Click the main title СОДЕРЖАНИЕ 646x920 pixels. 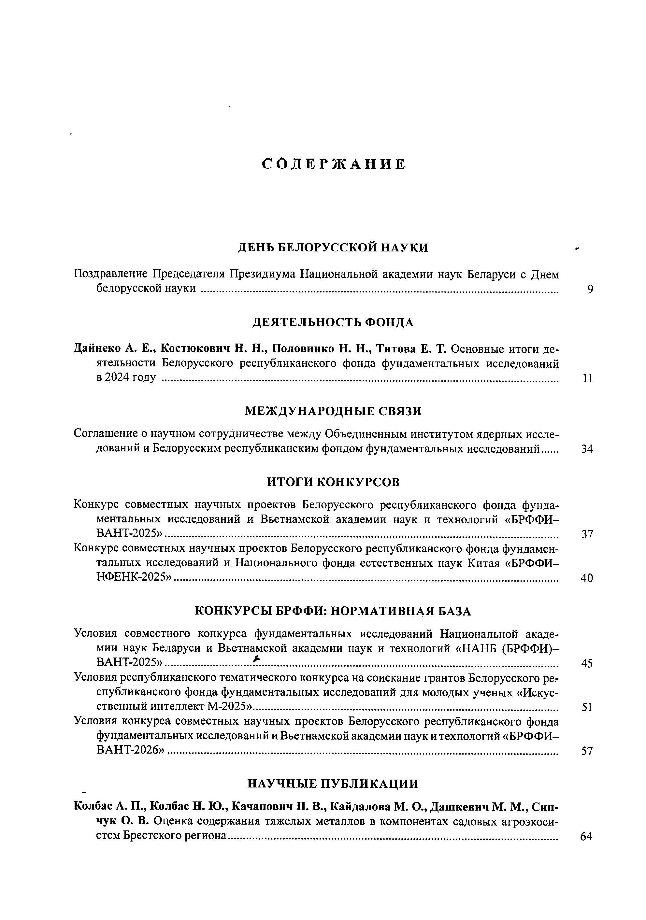click(333, 164)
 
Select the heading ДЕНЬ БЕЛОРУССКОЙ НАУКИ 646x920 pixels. click(333, 248)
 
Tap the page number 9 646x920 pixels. click(590, 289)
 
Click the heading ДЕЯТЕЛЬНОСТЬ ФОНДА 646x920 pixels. click(333, 322)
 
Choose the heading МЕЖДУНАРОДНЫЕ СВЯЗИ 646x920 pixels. click(333, 411)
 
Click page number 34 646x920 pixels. click(587, 449)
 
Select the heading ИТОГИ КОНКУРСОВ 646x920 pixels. click(333, 482)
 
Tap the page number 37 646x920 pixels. click(587, 534)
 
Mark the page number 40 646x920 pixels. click(587, 578)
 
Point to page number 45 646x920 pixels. click(587, 664)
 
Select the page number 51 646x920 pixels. click(587, 708)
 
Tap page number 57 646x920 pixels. click(587, 751)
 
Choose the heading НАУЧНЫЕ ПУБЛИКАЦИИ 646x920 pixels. click(333, 784)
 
